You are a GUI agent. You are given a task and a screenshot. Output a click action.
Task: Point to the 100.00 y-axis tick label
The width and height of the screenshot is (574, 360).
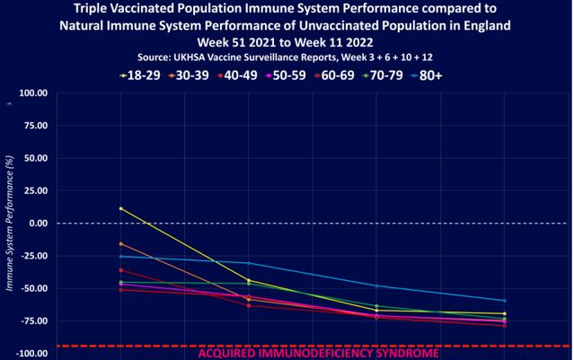pyautogui.click(x=32, y=92)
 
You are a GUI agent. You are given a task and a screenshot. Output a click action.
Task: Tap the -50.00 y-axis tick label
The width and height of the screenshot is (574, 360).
pyautogui.click(x=32, y=288)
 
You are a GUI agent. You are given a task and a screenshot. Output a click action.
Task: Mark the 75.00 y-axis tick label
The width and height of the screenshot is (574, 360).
pyautogui.click(x=34, y=125)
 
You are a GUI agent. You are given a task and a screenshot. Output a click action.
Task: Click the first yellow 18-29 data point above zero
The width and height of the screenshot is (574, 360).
pyautogui.click(x=120, y=208)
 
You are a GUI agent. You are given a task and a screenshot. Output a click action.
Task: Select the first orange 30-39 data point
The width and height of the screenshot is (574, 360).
pyautogui.click(x=120, y=243)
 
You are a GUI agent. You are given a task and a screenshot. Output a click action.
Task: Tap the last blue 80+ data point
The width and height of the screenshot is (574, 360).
pyautogui.click(x=505, y=301)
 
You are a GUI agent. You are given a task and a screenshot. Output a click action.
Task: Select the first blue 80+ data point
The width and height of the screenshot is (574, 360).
pyautogui.click(x=120, y=257)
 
